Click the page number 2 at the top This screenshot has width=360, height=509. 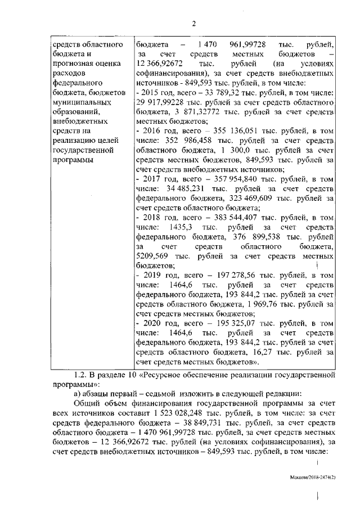pos(193,23)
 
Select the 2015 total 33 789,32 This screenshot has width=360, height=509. pos(214,92)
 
